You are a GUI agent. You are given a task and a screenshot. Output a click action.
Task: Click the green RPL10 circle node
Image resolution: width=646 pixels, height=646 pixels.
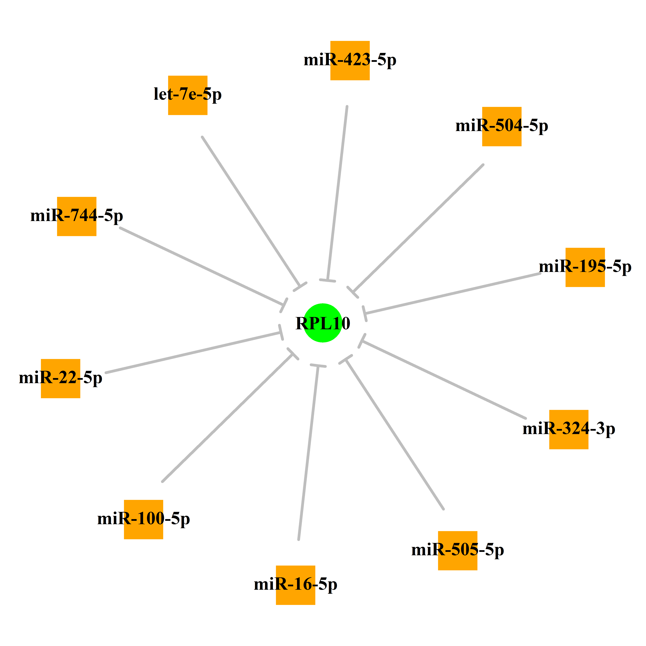click(x=323, y=323)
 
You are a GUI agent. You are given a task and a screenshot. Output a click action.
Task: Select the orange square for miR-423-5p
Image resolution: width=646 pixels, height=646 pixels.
click(x=350, y=60)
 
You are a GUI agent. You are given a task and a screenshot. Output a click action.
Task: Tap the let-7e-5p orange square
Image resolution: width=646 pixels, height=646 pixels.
click(x=188, y=95)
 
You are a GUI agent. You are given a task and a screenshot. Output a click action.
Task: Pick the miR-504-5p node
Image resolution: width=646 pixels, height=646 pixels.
click(x=502, y=126)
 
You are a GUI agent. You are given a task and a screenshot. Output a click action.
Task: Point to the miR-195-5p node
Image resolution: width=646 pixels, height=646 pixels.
click(x=585, y=267)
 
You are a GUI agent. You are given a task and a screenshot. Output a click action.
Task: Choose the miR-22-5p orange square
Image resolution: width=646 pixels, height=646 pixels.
click(x=60, y=379)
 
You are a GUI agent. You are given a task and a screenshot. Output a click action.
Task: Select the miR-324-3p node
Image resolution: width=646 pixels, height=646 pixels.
click(x=569, y=429)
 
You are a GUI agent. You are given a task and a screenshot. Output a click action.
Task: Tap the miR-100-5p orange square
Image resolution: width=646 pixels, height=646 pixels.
click(x=144, y=519)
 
